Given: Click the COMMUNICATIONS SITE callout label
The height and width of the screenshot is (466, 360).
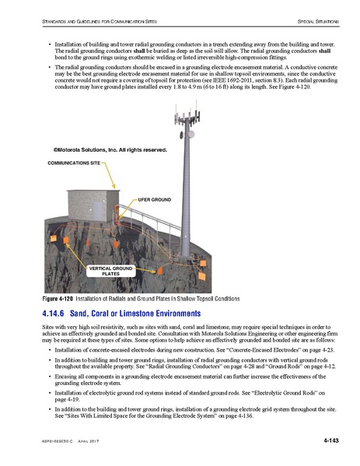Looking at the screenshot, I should (x=74, y=165).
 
